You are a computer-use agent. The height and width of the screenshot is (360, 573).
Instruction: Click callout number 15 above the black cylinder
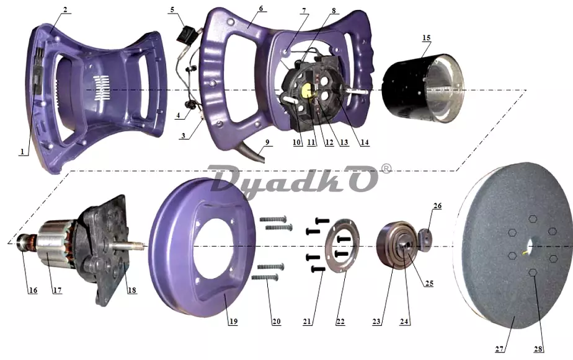[x=426, y=38]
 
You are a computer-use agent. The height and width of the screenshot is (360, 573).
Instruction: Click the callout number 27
[x=500, y=349]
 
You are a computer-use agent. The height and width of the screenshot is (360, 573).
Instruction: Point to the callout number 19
[x=233, y=322]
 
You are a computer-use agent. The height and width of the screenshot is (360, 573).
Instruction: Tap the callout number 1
[x=22, y=151]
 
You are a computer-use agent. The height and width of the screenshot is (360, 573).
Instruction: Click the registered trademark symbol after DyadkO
[x=386, y=169]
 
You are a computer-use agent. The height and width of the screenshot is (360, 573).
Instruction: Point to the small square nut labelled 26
[x=425, y=240]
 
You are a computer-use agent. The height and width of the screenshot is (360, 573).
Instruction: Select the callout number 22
[x=340, y=322]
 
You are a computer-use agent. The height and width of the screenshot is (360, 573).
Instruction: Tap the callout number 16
[x=33, y=290]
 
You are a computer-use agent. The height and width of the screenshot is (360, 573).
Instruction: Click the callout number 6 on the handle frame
[x=260, y=9]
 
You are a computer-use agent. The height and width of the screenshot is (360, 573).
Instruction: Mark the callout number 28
[x=538, y=349]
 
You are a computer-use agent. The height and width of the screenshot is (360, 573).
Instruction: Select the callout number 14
[x=365, y=143]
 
